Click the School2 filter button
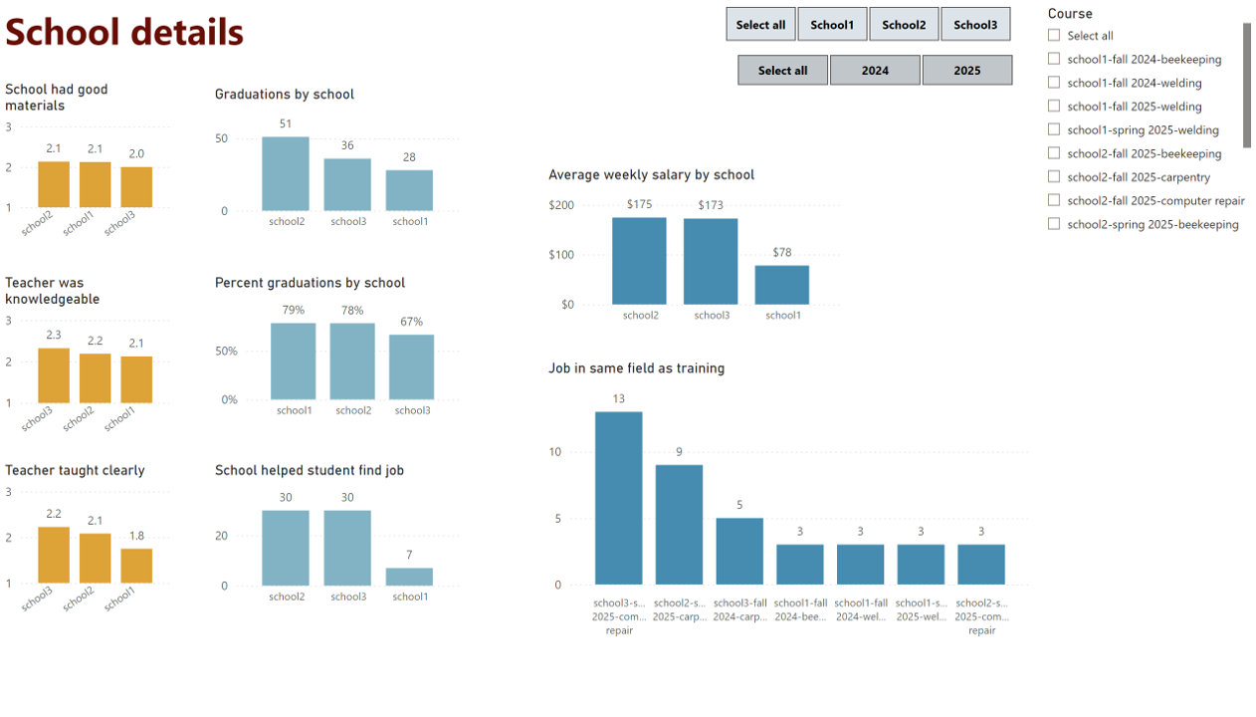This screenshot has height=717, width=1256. point(904,25)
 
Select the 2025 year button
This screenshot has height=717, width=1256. point(966,71)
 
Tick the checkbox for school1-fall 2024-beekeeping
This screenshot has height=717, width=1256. point(1054,59)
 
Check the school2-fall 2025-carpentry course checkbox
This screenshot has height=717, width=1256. point(1054,177)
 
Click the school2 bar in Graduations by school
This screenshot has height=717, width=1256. point(286,174)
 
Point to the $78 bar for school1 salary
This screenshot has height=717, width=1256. point(781,285)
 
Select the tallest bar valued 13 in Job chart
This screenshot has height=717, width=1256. point(618,498)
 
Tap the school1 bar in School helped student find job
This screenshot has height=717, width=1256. point(409,577)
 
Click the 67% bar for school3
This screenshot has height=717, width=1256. point(411,367)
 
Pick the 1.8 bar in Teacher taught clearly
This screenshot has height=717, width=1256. point(136,566)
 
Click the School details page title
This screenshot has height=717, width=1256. point(124,32)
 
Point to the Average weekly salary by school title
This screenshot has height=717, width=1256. point(651,175)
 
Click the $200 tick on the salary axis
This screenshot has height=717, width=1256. point(561,205)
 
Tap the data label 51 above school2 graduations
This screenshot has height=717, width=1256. point(286,123)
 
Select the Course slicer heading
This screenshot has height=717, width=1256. point(1070,14)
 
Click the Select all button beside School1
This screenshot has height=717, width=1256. point(760,25)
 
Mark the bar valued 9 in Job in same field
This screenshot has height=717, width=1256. point(679,525)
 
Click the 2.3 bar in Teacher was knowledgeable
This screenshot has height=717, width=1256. point(54,375)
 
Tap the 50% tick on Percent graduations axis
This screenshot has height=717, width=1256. point(227,352)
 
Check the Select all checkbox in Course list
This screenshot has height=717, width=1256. point(1054,35)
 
